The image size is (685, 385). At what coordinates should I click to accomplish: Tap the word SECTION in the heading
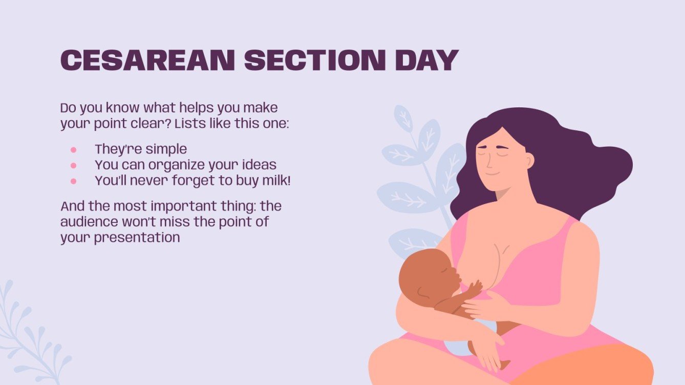point(314,60)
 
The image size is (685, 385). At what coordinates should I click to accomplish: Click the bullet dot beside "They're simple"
point(73,150)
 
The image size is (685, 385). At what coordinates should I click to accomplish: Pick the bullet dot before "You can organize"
point(73,166)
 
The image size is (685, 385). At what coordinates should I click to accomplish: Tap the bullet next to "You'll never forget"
point(73,181)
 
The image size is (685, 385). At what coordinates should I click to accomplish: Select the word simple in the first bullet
point(166,149)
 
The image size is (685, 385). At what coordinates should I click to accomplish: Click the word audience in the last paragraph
point(87,222)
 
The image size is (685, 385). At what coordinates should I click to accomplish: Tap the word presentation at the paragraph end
point(137,238)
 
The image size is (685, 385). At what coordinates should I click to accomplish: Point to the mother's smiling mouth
point(493,173)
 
